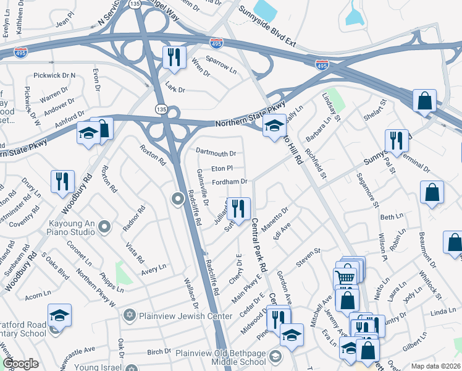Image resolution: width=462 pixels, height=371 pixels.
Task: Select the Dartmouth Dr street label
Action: [x=216, y=153]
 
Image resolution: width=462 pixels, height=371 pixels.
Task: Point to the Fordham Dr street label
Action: [x=230, y=182]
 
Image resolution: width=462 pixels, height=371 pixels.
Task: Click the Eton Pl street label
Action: [x=222, y=168]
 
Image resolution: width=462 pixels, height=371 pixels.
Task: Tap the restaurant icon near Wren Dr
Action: [x=174, y=58]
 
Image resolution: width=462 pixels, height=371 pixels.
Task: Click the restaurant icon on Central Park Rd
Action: [x=238, y=209]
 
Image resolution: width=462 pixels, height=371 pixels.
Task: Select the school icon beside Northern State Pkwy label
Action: [x=274, y=126]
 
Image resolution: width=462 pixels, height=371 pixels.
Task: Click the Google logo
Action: [x=20, y=364]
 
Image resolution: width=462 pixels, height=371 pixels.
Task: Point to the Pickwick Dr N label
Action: [x=54, y=75]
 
